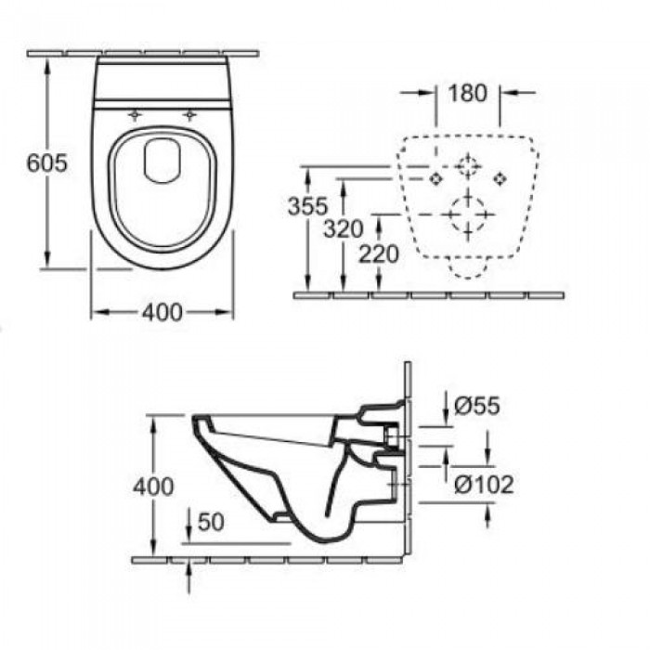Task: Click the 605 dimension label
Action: click(x=46, y=162)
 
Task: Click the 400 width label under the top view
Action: click(x=162, y=312)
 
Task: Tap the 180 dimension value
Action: click(x=468, y=93)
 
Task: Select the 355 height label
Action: click(x=307, y=206)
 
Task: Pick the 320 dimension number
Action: click(x=344, y=228)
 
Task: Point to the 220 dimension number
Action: click(x=379, y=253)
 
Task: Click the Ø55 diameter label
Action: click(x=477, y=406)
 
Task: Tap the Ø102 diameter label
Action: click(x=484, y=484)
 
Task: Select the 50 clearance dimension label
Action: click(x=211, y=522)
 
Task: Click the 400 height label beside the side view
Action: click(x=153, y=487)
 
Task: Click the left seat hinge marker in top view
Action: click(x=135, y=114)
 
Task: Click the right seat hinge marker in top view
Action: click(x=189, y=114)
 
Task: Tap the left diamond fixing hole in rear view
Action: click(x=435, y=178)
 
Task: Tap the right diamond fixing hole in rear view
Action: click(x=500, y=178)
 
